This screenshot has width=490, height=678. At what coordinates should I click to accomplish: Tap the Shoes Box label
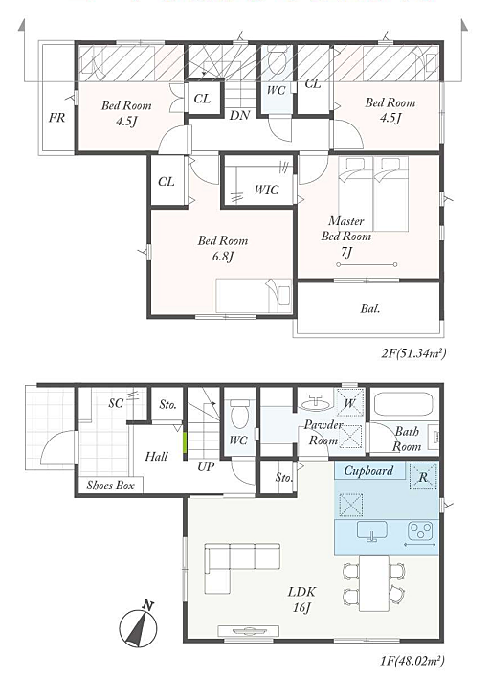pyautogui.click(x=111, y=486)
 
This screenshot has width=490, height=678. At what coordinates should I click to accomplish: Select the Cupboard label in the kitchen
pyautogui.click(x=368, y=470)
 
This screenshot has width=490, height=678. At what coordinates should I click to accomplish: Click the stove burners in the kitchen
pyautogui.click(x=420, y=531)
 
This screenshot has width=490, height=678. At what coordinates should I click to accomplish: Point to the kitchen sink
pyautogui.click(x=372, y=531)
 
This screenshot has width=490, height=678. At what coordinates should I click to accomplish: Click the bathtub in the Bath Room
pyautogui.click(x=403, y=405)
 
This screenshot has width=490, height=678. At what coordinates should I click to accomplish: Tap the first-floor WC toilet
pyautogui.click(x=239, y=413)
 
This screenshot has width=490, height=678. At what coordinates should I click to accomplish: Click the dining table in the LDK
pyautogui.click(x=374, y=582)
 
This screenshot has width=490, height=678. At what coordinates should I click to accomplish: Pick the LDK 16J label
pyautogui.click(x=302, y=599)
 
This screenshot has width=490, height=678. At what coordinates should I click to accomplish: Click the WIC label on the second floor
pyautogui.click(x=266, y=190)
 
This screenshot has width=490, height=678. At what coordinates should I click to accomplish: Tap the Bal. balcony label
pyautogui.click(x=370, y=308)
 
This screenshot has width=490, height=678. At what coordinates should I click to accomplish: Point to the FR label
pyautogui.click(x=56, y=118)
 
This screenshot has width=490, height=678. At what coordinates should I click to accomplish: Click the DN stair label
pyautogui.click(x=239, y=116)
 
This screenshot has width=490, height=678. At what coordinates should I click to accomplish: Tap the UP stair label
pyautogui.click(x=205, y=467)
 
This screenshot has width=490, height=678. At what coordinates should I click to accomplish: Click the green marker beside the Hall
pyautogui.click(x=185, y=442)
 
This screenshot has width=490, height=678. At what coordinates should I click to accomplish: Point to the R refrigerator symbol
pyautogui.click(x=423, y=475)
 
